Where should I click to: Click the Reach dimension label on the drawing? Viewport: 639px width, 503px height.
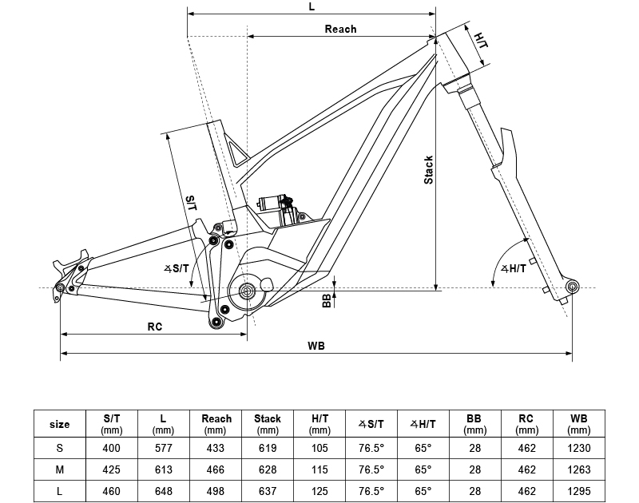pos(340,29)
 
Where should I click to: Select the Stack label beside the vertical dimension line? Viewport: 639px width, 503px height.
pos(429,170)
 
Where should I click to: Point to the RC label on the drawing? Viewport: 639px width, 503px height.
pos(155,327)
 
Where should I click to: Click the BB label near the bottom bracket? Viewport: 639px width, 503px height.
pos(327,300)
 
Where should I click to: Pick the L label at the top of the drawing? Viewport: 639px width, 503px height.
pos(311,6)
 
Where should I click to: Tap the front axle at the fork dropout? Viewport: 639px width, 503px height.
pos(571,286)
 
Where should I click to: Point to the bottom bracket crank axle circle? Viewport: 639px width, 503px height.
pos(248,291)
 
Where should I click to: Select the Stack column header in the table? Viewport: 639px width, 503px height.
pos(268,423)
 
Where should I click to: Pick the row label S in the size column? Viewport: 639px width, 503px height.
pos(60,448)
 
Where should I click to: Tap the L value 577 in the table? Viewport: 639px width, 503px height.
pos(163,448)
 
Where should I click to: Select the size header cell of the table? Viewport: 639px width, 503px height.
pos(60,424)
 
